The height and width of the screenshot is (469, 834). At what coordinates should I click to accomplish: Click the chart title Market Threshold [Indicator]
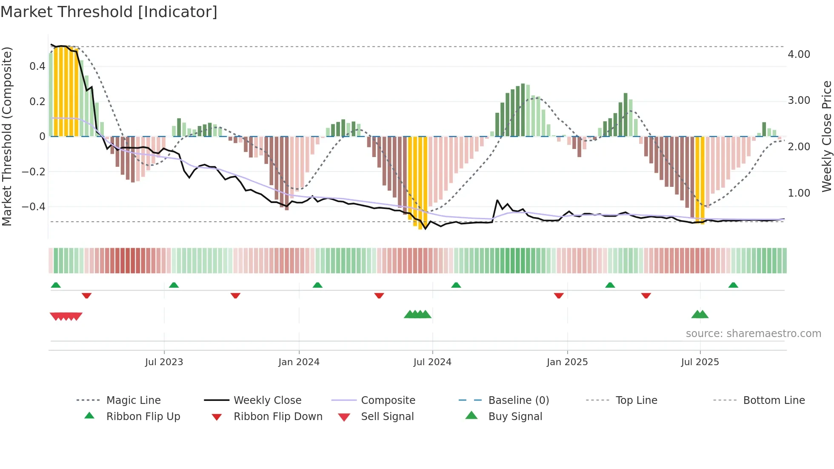click(x=109, y=12)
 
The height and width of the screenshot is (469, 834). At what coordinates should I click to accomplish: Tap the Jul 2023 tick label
click(x=164, y=362)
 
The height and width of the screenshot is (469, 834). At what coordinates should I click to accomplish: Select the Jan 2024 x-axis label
click(x=299, y=362)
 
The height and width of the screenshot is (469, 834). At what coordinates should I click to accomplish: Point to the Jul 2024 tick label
click(x=432, y=362)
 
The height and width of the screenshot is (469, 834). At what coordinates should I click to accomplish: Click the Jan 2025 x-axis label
click(x=567, y=362)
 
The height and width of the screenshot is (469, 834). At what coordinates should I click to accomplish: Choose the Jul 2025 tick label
click(x=700, y=362)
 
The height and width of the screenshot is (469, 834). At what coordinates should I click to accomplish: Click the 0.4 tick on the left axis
click(x=37, y=66)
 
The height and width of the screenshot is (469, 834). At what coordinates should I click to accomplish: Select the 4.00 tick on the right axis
click(x=799, y=54)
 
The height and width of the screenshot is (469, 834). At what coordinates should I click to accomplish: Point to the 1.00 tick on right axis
click(x=799, y=193)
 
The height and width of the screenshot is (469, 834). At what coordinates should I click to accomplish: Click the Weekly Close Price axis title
click(x=826, y=136)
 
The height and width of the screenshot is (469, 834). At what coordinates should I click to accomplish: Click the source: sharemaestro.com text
click(x=753, y=334)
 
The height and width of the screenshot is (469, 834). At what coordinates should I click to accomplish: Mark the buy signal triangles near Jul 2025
click(x=700, y=315)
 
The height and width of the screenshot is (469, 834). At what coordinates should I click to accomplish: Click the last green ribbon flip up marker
click(x=733, y=285)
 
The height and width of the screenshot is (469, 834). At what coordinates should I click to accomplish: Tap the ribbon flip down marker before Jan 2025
click(x=559, y=295)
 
